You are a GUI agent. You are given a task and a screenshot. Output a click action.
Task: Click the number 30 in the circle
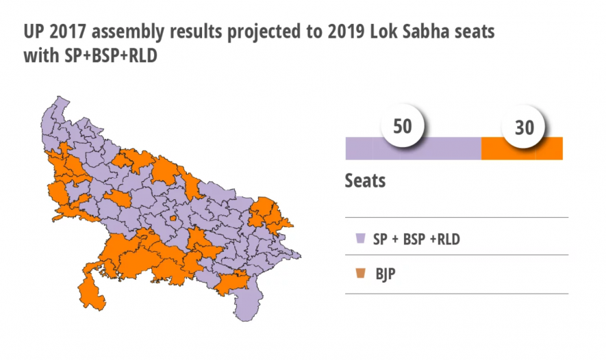pyautogui.click(x=524, y=128)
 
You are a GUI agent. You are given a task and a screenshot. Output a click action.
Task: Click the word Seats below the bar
pyautogui.click(x=365, y=181)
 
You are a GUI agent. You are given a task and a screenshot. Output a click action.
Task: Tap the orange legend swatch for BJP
pyautogui.click(x=359, y=274)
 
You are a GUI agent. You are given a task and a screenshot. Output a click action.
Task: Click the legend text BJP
pyautogui.click(x=386, y=274)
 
